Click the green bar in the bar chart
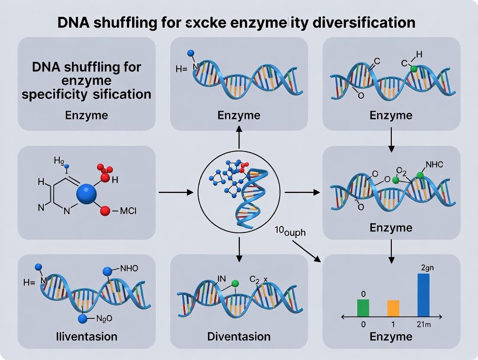coord(363,308)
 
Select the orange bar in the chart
coord(393,308)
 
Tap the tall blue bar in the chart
coord(423,295)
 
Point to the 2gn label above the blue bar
coord(427,267)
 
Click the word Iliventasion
coord(87,336)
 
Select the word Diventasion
coord(239,336)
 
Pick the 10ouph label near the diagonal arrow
coord(290,232)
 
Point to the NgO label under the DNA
coord(103,319)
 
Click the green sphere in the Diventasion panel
coord(235,283)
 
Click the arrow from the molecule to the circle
coord(175,191)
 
